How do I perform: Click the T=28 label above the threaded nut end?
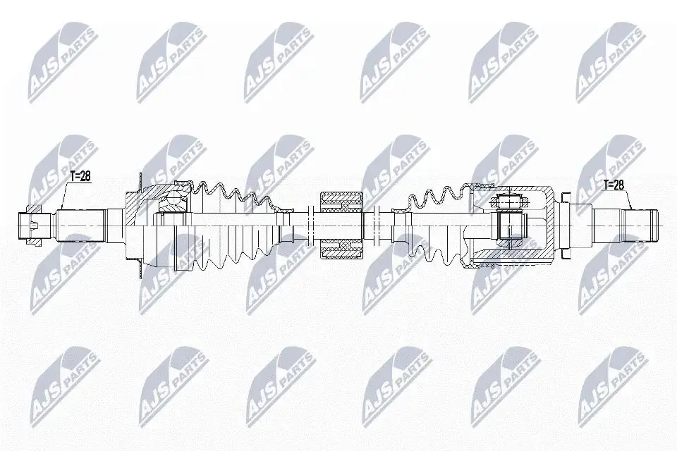coord(80,176)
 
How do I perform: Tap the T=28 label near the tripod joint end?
coord(614,185)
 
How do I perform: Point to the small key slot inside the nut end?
coord(34,224)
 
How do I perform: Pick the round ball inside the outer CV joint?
coord(174,200)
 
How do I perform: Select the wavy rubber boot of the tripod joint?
coord(432,224)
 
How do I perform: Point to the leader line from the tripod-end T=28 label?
coord(628,199)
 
